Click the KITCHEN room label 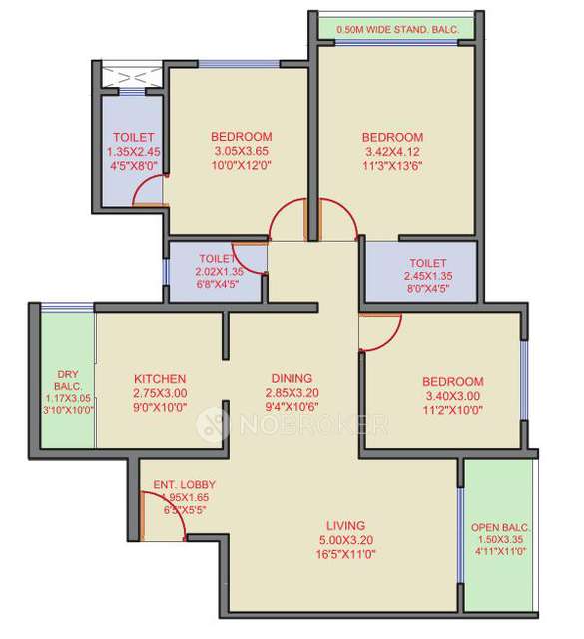click(x=160, y=379)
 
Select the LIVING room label click(x=345, y=525)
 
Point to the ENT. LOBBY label click(x=184, y=485)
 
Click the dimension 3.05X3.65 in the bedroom click(x=242, y=152)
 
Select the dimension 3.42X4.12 click(x=392, y=152)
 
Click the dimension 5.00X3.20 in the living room click(x=345, y=539)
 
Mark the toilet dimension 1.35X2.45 click(x=133, y=152)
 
